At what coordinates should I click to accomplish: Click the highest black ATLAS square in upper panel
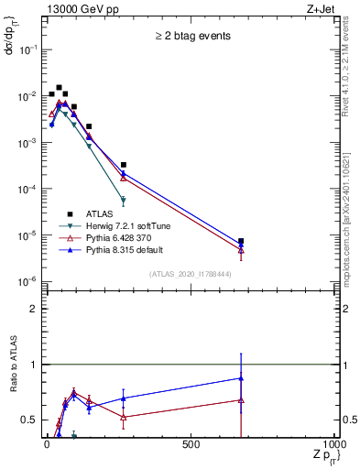(60, 88)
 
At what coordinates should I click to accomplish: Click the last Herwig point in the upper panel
(123, 200)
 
